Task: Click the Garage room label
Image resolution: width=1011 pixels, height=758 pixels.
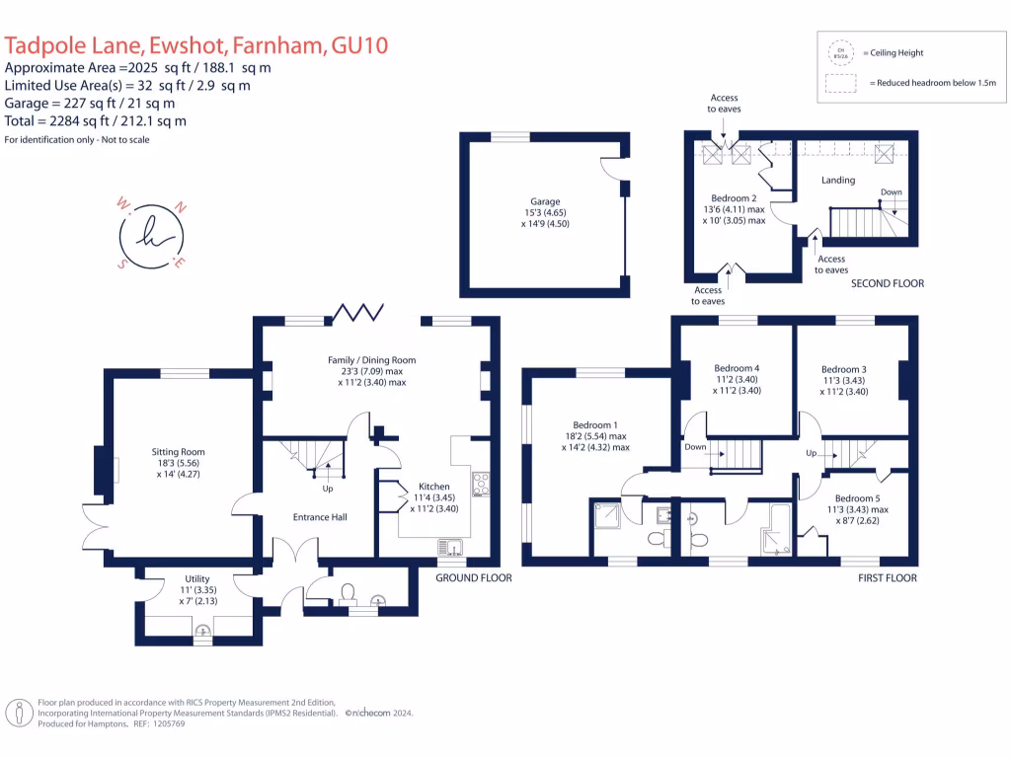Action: pos(544,200)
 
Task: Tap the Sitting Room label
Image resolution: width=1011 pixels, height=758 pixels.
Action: pos(179,452)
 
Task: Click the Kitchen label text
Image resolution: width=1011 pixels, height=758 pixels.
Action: pos(434,488)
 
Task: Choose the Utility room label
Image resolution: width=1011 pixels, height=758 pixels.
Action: pos(197,579)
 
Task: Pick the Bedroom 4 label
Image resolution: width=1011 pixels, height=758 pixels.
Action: pos(737,368)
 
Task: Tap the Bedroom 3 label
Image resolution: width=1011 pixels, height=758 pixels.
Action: pos(845,369)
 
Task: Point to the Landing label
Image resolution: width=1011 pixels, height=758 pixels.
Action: pos(838,181)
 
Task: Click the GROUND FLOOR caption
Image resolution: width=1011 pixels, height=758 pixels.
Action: pos(474,577)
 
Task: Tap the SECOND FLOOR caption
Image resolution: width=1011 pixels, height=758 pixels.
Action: pos(888,283)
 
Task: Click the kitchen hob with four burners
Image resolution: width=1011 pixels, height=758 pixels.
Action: pos(483,483)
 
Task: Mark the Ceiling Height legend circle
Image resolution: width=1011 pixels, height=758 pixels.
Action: pos(841,51)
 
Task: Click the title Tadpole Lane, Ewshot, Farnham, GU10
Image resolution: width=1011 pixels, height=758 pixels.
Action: pos(197,44)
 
